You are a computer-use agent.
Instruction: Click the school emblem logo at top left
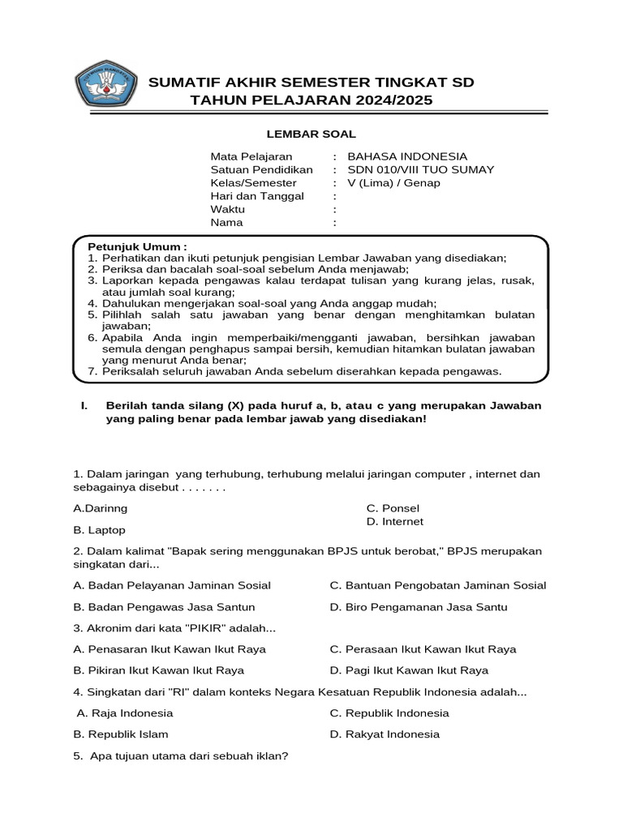pos(107,83)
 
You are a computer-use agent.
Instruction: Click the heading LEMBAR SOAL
pos(312,134)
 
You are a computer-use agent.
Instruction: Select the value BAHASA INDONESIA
pos(406,156)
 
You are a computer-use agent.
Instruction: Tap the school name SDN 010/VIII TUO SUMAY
pos(420,169)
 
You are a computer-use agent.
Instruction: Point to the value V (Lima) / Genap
pos(393,182)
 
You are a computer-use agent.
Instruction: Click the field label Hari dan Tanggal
pos(257,196)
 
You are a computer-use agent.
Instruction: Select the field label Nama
pos(226,222)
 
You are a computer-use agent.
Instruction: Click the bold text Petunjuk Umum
pos(137,246)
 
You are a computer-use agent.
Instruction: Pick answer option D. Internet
pos(394,521)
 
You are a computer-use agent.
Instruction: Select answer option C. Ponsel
pos(393,508)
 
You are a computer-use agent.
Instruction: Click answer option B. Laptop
pos(99,530)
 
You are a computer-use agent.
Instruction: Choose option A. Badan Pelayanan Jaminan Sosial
pos(172,585)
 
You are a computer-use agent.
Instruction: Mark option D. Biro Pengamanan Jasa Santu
pos(418,606)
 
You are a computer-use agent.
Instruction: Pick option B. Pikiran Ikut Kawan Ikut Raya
pos(158,670)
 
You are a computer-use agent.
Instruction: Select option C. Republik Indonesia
pos(389,713)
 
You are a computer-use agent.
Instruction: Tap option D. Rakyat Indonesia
pos(385,734)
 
